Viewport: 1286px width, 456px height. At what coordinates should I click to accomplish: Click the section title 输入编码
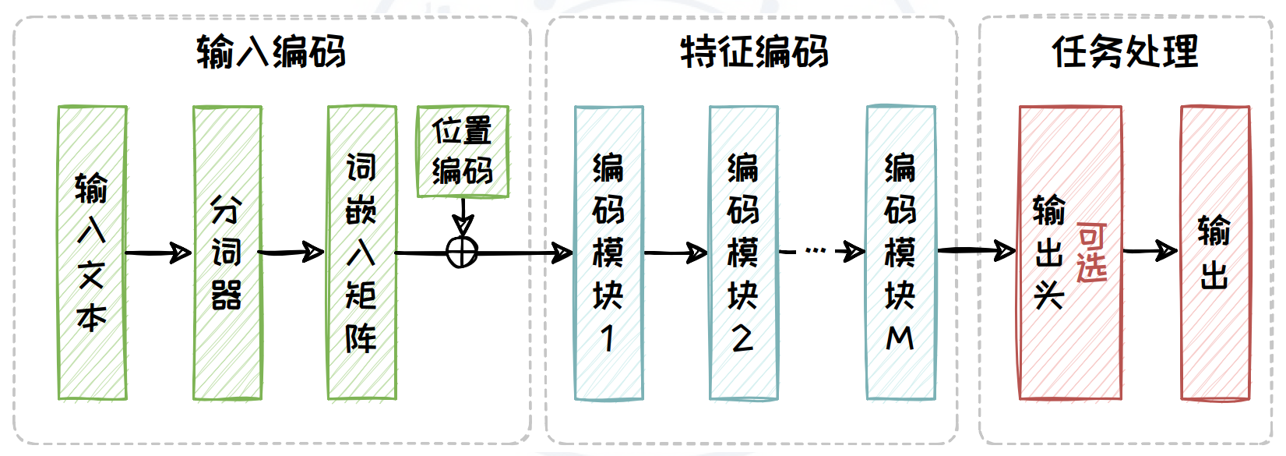point(270,53)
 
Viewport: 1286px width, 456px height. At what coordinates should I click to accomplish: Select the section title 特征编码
point(753,53)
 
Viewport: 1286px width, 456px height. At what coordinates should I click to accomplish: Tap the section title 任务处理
point(1125,53)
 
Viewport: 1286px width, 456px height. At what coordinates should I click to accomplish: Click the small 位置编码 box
point(463,151)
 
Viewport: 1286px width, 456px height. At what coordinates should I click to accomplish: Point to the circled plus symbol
point(462,253)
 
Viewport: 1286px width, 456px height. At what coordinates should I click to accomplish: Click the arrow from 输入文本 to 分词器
point(159,253)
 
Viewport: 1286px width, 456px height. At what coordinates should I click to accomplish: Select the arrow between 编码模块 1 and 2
point(675,253)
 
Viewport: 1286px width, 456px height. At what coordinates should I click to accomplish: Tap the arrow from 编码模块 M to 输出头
point(977,251)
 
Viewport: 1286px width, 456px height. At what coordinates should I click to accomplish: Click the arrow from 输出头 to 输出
point(1150,251)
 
